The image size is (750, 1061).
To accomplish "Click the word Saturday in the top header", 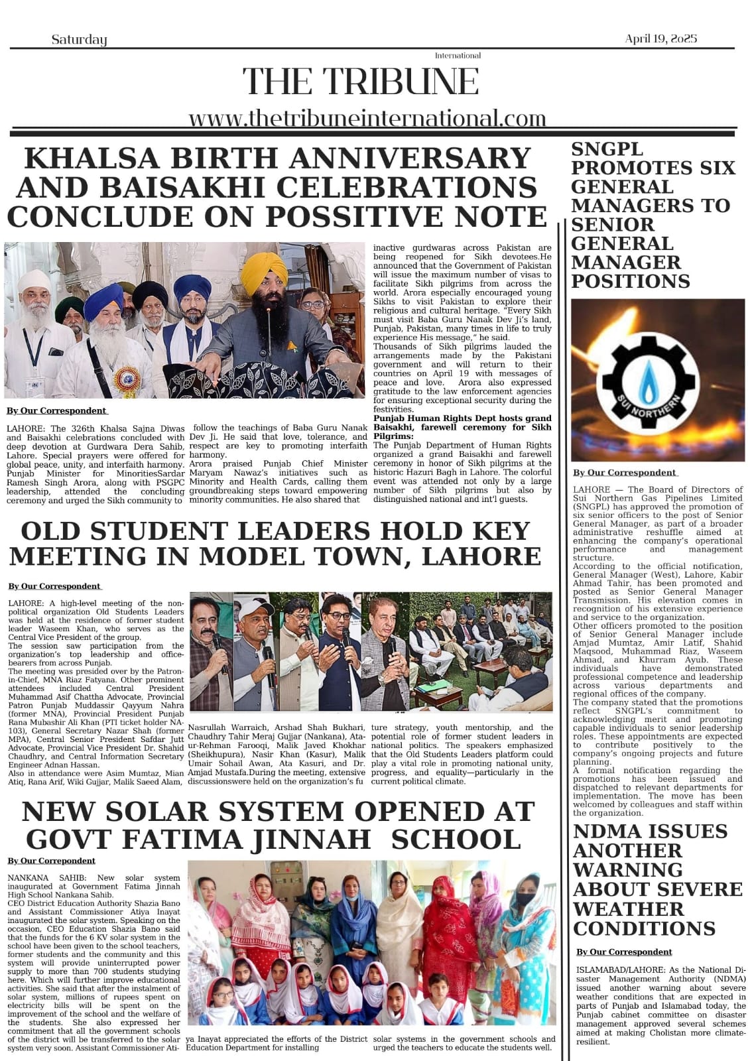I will tap(79, 40).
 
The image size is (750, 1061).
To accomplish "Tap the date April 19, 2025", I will tap(660, 39).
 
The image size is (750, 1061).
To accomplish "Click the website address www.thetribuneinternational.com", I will tap(367, 118).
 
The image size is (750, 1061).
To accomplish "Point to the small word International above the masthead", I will tap(458, 56).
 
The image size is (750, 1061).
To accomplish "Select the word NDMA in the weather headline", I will tap(607, 832).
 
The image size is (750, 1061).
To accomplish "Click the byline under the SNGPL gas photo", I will tap(624, 473).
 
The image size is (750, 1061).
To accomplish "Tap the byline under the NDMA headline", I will tap(623, 952).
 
